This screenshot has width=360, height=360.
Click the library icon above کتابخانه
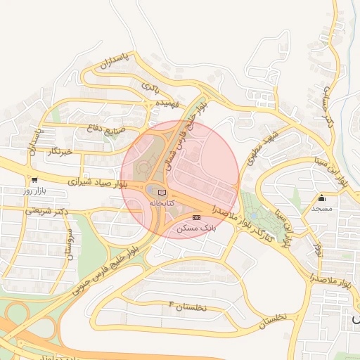click(x=162, y=192)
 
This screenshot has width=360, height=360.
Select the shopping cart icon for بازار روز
click(x=34, y=180)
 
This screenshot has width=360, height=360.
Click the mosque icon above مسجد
click(x=322, y=198)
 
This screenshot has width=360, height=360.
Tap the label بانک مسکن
click(x=198, y=228)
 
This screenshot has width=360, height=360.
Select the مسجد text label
click(x=322, y=209)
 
